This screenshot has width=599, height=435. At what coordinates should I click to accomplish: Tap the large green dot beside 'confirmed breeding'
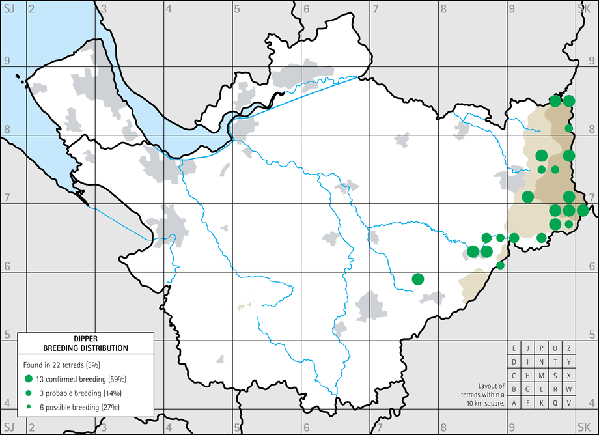pyautogui.click(x=28, y=379)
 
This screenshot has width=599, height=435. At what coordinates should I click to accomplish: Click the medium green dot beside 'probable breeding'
pyautogui.click(x=28, y=393)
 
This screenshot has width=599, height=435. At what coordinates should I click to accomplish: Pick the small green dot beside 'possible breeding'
pyautogui.click(x=28, y=408)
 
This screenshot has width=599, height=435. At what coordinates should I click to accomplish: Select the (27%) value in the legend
pyautogui.click(x=113, y=408)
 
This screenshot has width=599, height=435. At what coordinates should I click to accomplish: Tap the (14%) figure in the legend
pyautogui.click(x=111, y=393)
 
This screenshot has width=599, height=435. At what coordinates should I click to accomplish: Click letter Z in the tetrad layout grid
pyautogui.click(x=569, y=348)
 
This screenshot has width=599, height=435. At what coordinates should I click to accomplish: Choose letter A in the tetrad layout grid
pyautogui.click(x=514, y=402)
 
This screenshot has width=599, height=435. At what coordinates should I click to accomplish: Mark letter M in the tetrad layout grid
pyautogui.click(x=542, y=375)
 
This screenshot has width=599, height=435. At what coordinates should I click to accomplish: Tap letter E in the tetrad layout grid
pyautogui.click(x=514, y=348)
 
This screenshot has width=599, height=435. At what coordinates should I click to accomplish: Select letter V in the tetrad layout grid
pyautogui.click(x=569, y=402)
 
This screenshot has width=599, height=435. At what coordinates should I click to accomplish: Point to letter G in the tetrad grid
pyautogui.click(x=528, y=389)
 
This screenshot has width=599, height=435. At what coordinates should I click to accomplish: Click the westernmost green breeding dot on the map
pyautogui.click(x=418, y=279)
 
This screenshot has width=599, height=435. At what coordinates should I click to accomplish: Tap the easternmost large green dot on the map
pyautogui.click(x=583, y=210)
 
